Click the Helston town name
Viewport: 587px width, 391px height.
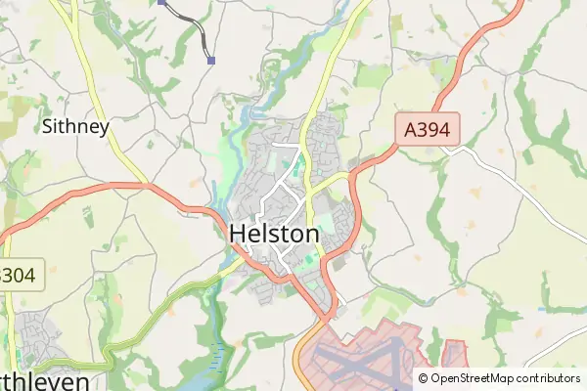coord(274,235)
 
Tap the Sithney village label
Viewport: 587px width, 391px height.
coord(75,126)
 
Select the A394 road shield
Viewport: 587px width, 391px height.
coord(428,128)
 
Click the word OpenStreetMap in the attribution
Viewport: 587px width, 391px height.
coord(478,378)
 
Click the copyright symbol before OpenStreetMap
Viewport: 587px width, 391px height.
coord(423,378)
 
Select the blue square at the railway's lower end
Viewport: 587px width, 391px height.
coord(211,60)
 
